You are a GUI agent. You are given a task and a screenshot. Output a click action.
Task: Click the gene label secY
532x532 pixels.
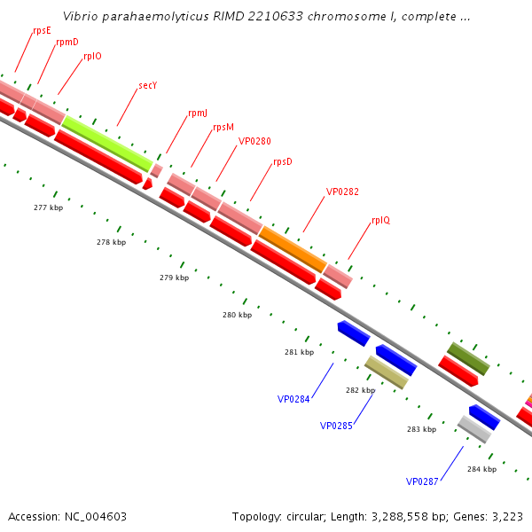point(149,86)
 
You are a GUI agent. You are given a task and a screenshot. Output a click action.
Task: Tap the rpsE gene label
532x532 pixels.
point(42,30)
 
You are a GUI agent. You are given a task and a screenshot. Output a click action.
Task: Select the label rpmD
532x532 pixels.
point(66,42)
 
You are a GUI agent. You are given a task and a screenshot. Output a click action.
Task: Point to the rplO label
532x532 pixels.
point(92,56)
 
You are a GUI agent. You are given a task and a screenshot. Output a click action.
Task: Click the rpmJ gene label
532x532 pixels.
point(198,113)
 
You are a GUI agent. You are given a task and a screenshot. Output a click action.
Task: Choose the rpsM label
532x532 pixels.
point(223,128)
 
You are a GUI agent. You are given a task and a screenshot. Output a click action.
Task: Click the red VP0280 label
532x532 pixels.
point(254,142)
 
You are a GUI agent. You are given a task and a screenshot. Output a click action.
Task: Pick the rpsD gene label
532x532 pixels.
point(283,162)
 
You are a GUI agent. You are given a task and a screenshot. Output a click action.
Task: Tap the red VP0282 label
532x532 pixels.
point(342,192)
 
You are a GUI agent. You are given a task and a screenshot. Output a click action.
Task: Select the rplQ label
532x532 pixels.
point(380,220)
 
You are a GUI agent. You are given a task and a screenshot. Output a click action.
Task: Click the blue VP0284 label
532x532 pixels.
point(293,399)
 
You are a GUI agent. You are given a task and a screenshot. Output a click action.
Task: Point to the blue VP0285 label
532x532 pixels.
point(336,426)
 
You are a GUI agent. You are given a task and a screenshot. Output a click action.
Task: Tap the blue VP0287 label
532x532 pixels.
point(422,481)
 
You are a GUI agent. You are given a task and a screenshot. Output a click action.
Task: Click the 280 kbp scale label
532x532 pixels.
point(237,315)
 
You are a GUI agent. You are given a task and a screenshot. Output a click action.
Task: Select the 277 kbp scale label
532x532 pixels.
point(48,207)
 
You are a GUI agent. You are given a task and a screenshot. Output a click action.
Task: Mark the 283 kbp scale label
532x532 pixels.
point(421,429)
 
